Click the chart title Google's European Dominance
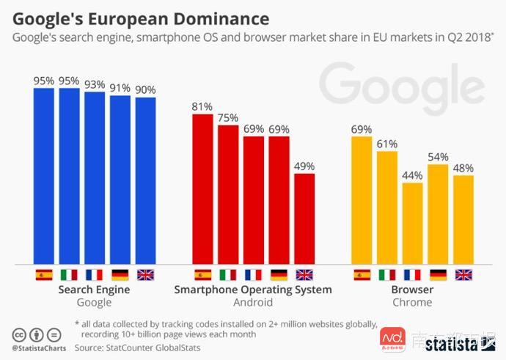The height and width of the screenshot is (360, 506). pyautogui.click(x=140, y=17)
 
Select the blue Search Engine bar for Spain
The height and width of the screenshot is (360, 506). pyautogui.click(x=44, y=176)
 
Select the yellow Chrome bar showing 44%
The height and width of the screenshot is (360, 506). pyautogui.click(x=413, y=223)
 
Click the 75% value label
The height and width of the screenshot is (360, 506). pyautogui.click(x=228, y=117)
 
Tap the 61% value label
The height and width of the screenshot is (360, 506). pyautogui.click(x=387, y=143)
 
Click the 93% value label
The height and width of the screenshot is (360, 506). pyautogui.click(x=95, y=84)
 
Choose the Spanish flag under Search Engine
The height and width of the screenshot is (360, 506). pyautogui.click(x=44, y=275)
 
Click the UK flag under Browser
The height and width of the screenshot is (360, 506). pyautogui.click(x=463, y=275)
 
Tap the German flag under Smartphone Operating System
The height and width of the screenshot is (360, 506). pyautogui.click(x=279, y=275)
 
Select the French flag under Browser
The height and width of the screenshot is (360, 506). pyautogui.click(x=413, y=275)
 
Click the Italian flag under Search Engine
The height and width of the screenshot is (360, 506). pyautogui.click(x=69, y=275)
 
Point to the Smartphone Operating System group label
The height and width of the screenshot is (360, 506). pyautogui.click(x=253, y=290)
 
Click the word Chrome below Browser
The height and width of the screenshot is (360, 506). pyautogui.click(x=412, y=302)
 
